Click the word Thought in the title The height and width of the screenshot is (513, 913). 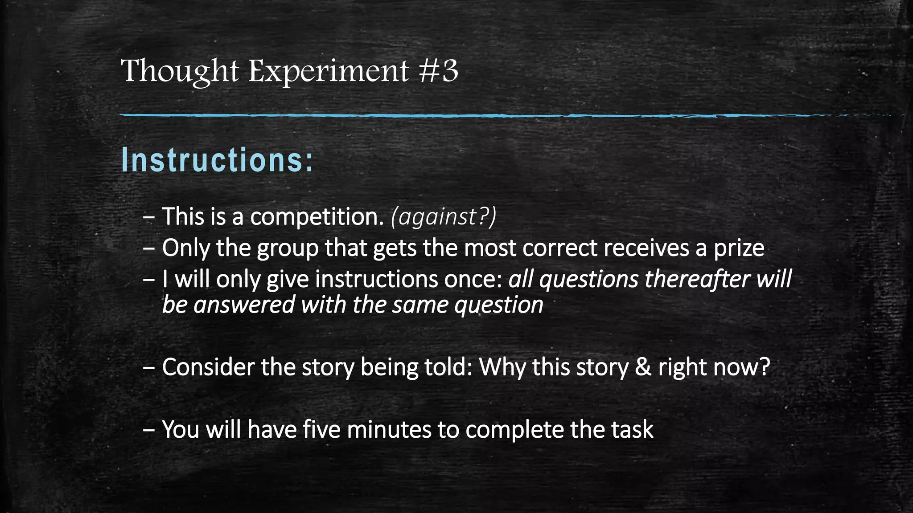point(180,71)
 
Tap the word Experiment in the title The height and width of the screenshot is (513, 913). point(328,71)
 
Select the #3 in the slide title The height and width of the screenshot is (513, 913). point(439,71)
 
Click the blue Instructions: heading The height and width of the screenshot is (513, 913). point(218,160)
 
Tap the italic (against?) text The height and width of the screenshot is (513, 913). point(443,217)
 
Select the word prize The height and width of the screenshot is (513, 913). point(739,248)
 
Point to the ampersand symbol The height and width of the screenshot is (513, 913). point(642,367)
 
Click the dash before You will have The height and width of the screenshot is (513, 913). point(149,431)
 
